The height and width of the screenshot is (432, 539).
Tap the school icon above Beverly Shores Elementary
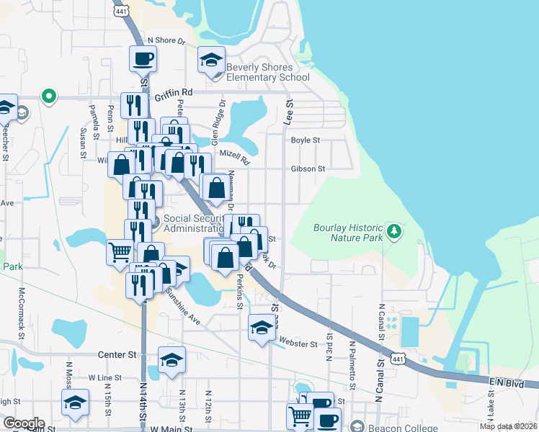211,59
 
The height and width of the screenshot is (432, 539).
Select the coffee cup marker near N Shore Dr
142,58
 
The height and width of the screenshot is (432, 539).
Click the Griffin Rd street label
177,93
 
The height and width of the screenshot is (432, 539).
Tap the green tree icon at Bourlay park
393,231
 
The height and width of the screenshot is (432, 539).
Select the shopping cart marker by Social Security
119,253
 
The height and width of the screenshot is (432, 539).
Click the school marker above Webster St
261,328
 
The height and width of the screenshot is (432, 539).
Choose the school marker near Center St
171,360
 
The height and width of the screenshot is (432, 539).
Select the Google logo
24,423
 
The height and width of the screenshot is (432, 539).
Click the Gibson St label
308,169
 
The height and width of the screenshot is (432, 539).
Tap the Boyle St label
305,140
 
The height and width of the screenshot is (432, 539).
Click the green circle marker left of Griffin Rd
49,96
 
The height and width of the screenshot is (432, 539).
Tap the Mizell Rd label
233,157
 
